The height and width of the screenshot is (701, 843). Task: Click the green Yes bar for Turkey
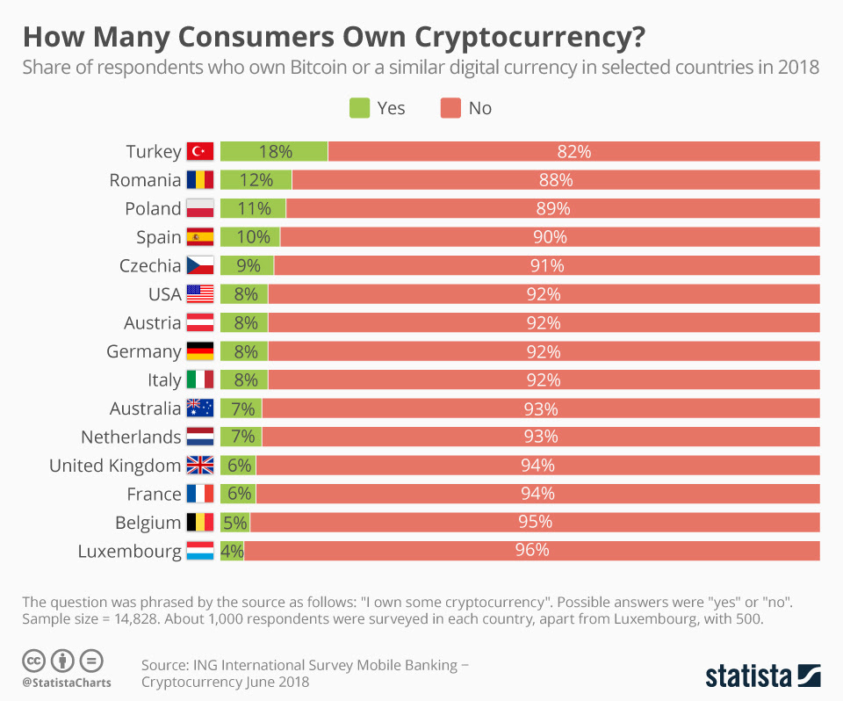click(x=273, y=151)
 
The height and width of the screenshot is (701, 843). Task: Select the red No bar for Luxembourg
click(x=532, y=551)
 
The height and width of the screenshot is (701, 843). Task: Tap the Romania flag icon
click(x=200, y=180)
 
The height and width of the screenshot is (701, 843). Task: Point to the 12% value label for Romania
click(x=255, y=180)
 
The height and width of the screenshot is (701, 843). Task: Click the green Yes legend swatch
click(x=360, y=108)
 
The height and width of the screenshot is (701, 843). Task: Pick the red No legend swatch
click(x=450, y=108)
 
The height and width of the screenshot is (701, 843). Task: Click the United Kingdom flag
click(x=200, y=466)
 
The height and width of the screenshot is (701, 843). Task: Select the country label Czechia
click(x=150, y=265)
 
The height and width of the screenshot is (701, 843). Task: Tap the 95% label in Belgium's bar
click(x=535, y=522)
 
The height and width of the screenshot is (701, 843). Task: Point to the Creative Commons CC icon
click(x=34, y=661)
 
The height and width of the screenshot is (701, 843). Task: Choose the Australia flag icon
click(x=200, y=408)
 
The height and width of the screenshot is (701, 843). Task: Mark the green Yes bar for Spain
click(x=249, y=237)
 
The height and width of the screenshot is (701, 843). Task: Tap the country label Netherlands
click(x=131, y=437)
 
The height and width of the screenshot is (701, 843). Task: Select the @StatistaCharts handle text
click(x=67, y=683)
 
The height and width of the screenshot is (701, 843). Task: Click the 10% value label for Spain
click(x=249, y=237)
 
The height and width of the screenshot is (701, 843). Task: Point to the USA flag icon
click(x=200, y=294)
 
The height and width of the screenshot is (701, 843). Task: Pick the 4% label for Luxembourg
click(x=232, y=551)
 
